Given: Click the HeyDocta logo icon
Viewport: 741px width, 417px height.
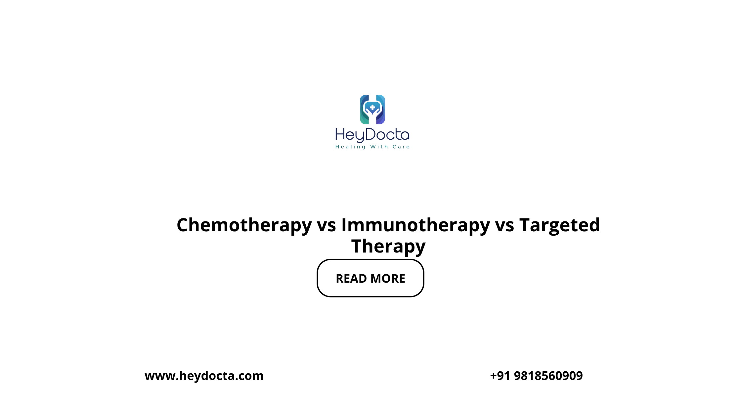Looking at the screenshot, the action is (372, 110).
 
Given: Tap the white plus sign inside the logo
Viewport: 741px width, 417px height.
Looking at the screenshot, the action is (372, 108).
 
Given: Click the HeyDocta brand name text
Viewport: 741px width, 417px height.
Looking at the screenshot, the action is (372, 135).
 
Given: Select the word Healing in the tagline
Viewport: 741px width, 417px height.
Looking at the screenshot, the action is (350, 147).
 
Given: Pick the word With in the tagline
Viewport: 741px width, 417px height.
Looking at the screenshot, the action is (379, 147).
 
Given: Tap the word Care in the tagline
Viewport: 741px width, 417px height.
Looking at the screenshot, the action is (401, 147).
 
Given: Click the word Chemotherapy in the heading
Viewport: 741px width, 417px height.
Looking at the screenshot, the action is (244, 226).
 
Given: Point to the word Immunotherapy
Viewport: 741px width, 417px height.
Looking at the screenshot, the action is (415, 226).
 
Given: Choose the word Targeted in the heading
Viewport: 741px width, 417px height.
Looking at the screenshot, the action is (560, 226).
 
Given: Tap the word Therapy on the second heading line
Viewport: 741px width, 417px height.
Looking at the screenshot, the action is (388, 247).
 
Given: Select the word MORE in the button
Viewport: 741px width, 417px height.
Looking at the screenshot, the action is (388, 279).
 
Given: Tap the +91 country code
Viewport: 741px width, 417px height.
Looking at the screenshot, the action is (500, 376).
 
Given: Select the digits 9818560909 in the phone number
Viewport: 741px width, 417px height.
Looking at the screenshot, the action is (548, 376).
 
